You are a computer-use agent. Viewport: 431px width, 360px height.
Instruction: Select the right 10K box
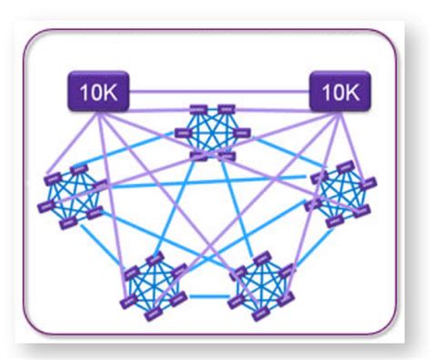tap(340, 91)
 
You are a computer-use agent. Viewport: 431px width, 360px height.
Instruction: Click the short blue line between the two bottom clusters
tap(207, 295)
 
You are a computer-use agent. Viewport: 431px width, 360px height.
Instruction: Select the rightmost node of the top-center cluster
tap(242, 134)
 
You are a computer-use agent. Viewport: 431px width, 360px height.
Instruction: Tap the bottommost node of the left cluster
tap(66, 224)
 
